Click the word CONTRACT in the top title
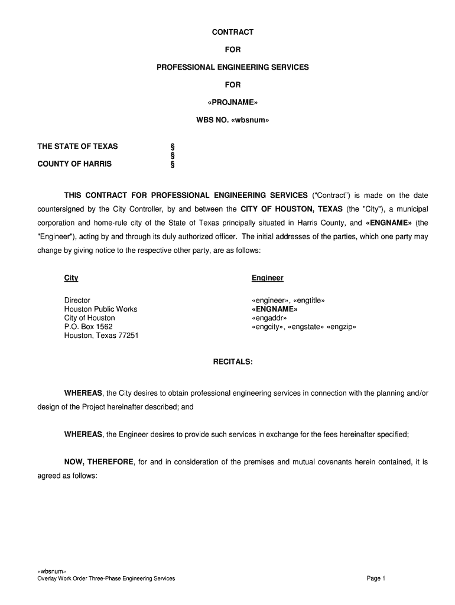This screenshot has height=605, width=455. [232, 32]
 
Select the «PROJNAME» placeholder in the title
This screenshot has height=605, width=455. [232, 102]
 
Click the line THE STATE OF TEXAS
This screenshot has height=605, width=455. [77, 147]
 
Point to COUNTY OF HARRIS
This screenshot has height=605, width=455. [74, 164]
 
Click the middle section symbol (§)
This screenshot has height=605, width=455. [173, 155]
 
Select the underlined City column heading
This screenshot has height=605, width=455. [71, 278]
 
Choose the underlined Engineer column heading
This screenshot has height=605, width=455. [267, 278]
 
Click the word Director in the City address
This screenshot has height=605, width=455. [77, 300]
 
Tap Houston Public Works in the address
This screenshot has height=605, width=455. [100, 309]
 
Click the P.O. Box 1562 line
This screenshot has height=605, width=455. [88, 327]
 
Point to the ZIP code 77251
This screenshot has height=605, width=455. [128, 336]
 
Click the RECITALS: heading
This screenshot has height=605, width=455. [232, 362]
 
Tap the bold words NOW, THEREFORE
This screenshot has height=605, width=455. [99, 462]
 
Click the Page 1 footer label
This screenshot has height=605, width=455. [376, 578]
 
